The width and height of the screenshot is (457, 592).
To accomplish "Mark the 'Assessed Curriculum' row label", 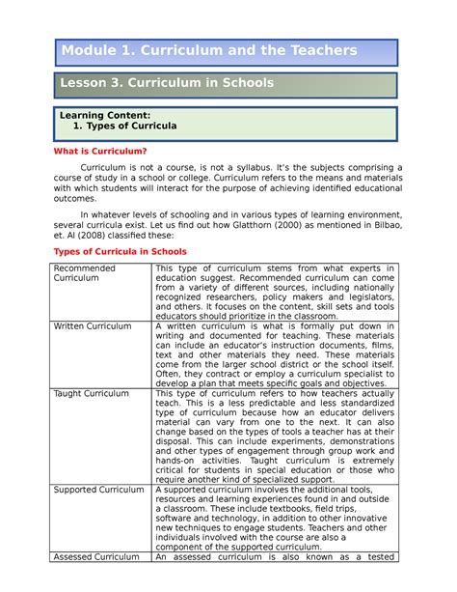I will [96, 556].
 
